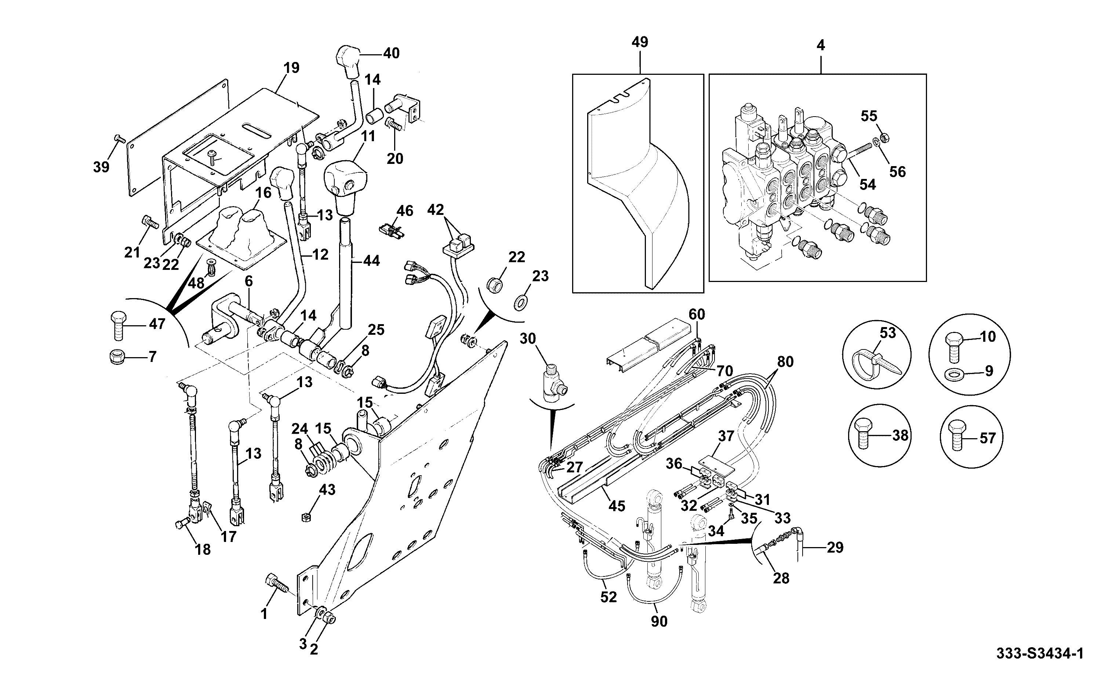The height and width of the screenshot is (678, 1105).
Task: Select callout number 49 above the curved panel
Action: pyautogui.click(x=640, y=42)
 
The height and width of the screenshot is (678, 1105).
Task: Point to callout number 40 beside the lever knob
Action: pyautogui.click(x=391, y=54)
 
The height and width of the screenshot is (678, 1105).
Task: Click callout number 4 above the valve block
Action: pyautogui.click(x=821, y=46)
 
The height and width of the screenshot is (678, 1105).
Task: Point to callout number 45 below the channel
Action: pyautogui.click(x=617, y=506)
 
